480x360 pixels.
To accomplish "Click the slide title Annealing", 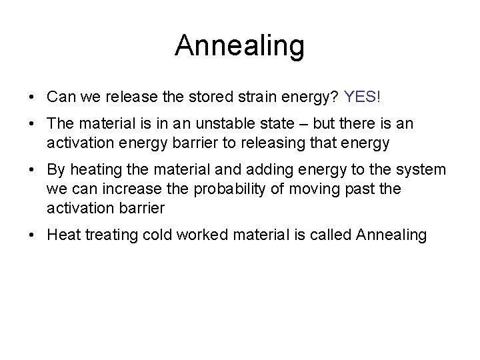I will click(x=239, y=45).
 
